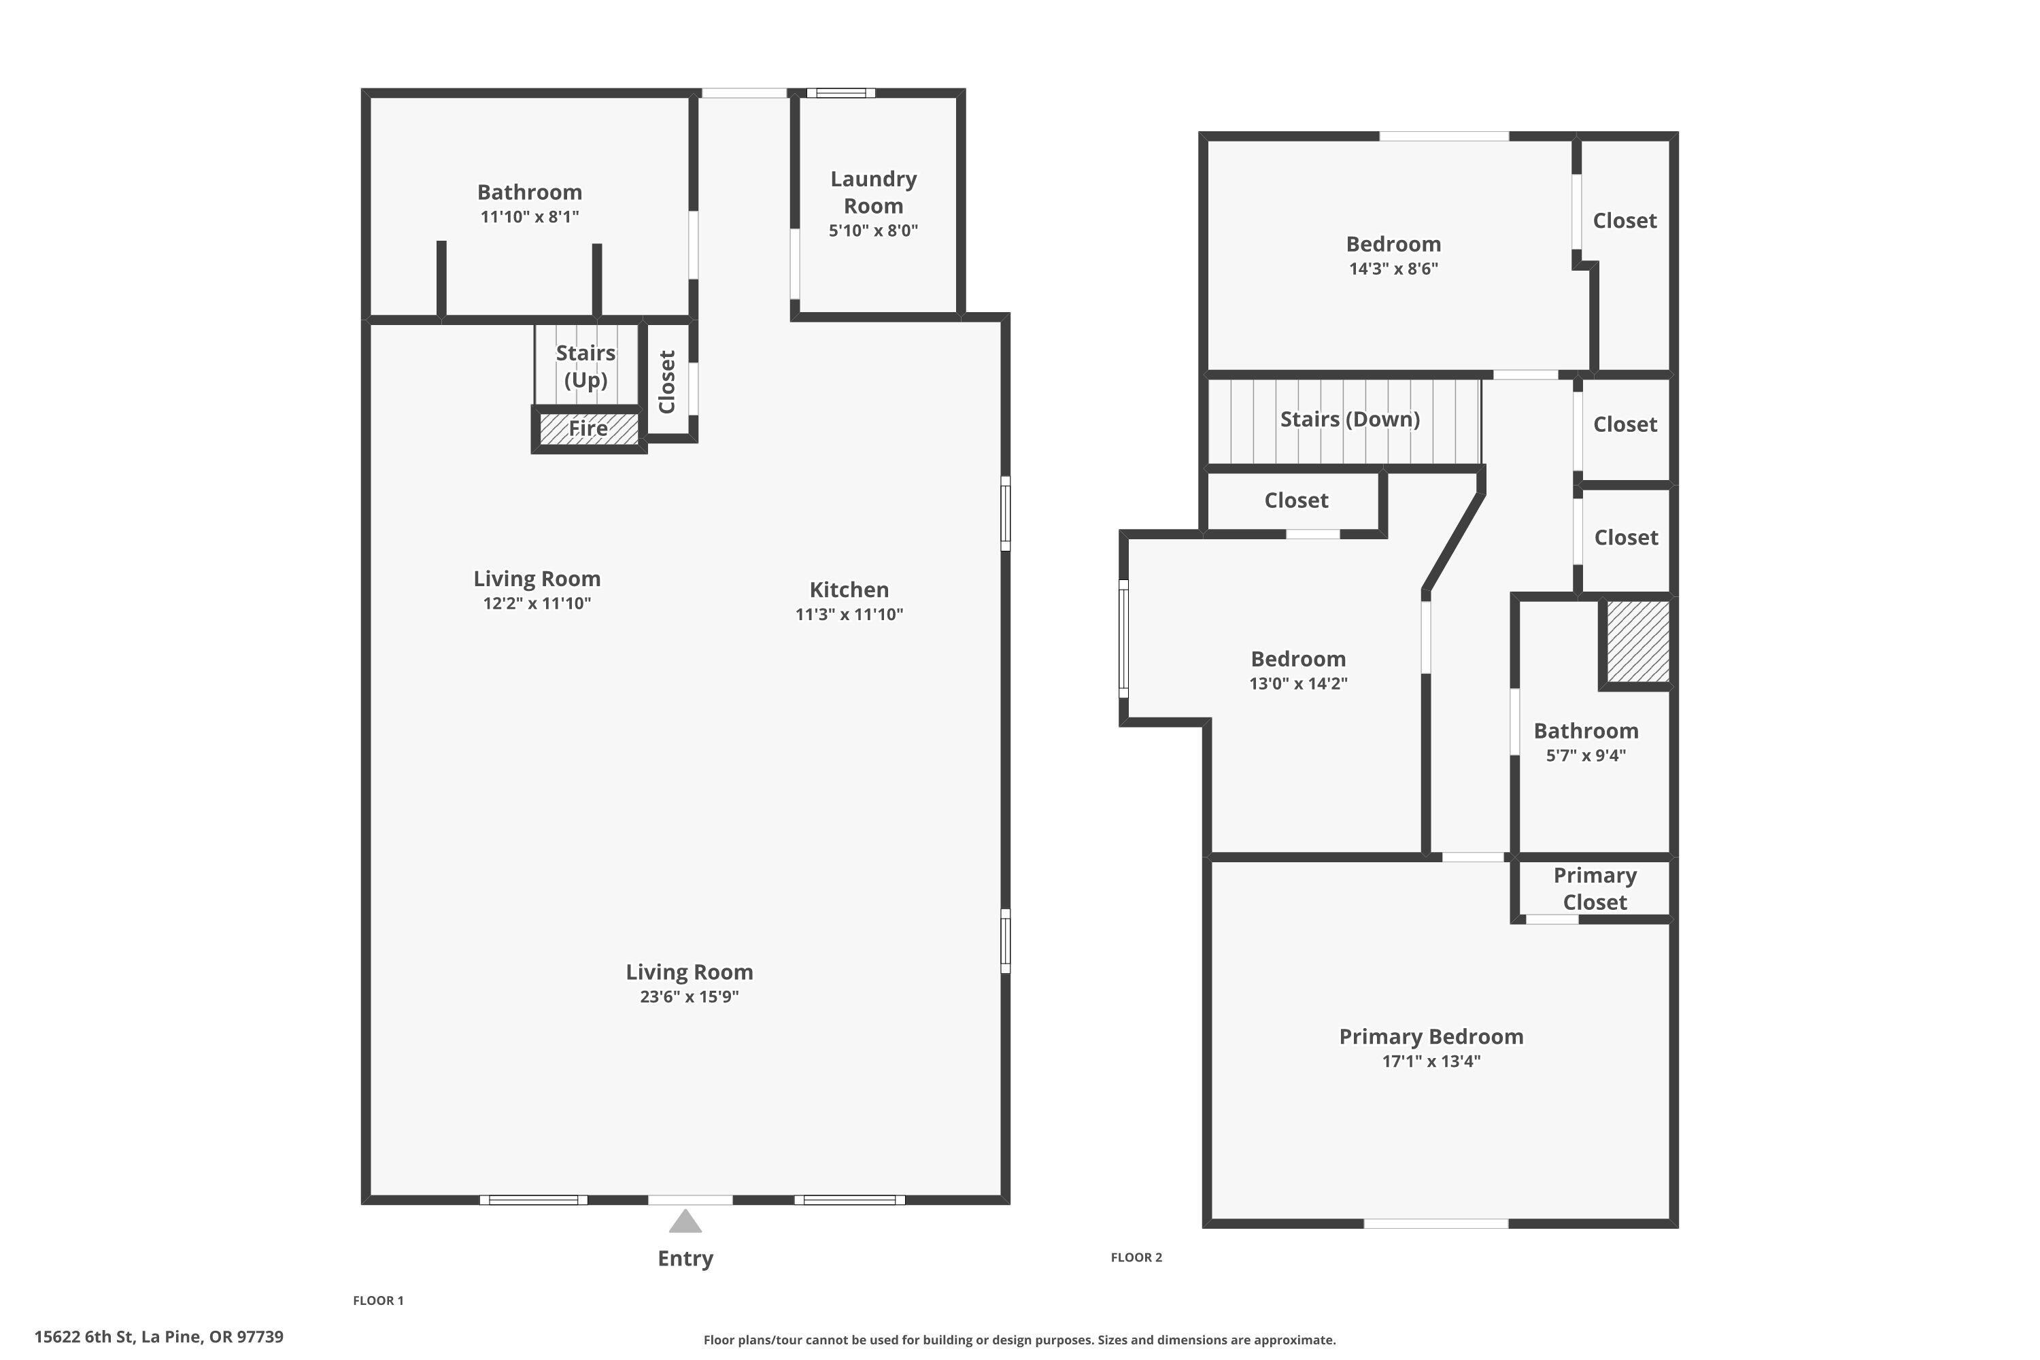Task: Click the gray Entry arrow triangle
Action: (x=685, y=1222)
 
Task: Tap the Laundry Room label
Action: (x=872, y=192)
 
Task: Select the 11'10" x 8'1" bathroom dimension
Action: (x=529, y=217)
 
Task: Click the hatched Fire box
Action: (x=588, y=428)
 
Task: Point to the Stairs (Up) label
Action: (x=585, y=366)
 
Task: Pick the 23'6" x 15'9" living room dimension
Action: (x=689, y=997)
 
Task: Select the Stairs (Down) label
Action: (x=1350, y=420)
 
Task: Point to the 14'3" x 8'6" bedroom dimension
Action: (x=1393, y=269)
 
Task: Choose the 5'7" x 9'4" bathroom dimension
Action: (x=1586, y=755)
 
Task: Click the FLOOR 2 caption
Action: (x=1136, y=1257)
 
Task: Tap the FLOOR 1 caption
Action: (x=378, y=1300)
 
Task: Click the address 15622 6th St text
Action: (x=158, y=1337)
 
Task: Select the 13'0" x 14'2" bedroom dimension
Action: (x=1297, y=683)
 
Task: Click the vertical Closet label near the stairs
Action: (x=667, y=381)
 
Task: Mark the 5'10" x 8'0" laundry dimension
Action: (x=872, y=231)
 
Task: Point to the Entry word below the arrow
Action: (x=685, y=1259)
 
